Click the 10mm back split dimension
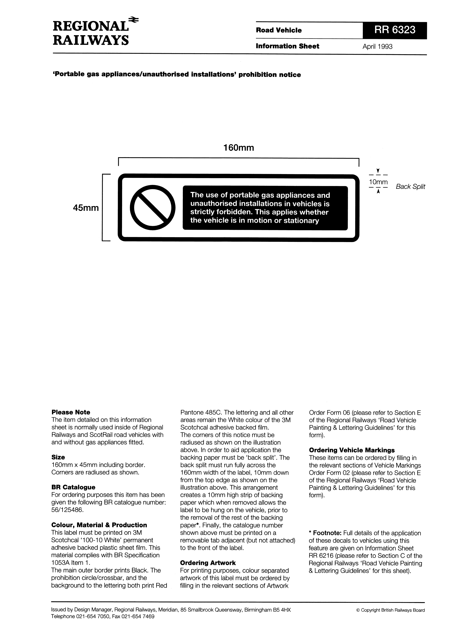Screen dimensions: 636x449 (x=378, y=182)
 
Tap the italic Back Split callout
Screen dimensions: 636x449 (x=410, y=187)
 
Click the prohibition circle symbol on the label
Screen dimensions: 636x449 (x=153, y=207)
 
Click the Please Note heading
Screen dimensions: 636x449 (x=71, y=412)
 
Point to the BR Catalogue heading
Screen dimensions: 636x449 (x=73, y=487)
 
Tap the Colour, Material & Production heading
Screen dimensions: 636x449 (x=99, y=525)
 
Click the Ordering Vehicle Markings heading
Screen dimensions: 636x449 (x=352, y=450)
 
